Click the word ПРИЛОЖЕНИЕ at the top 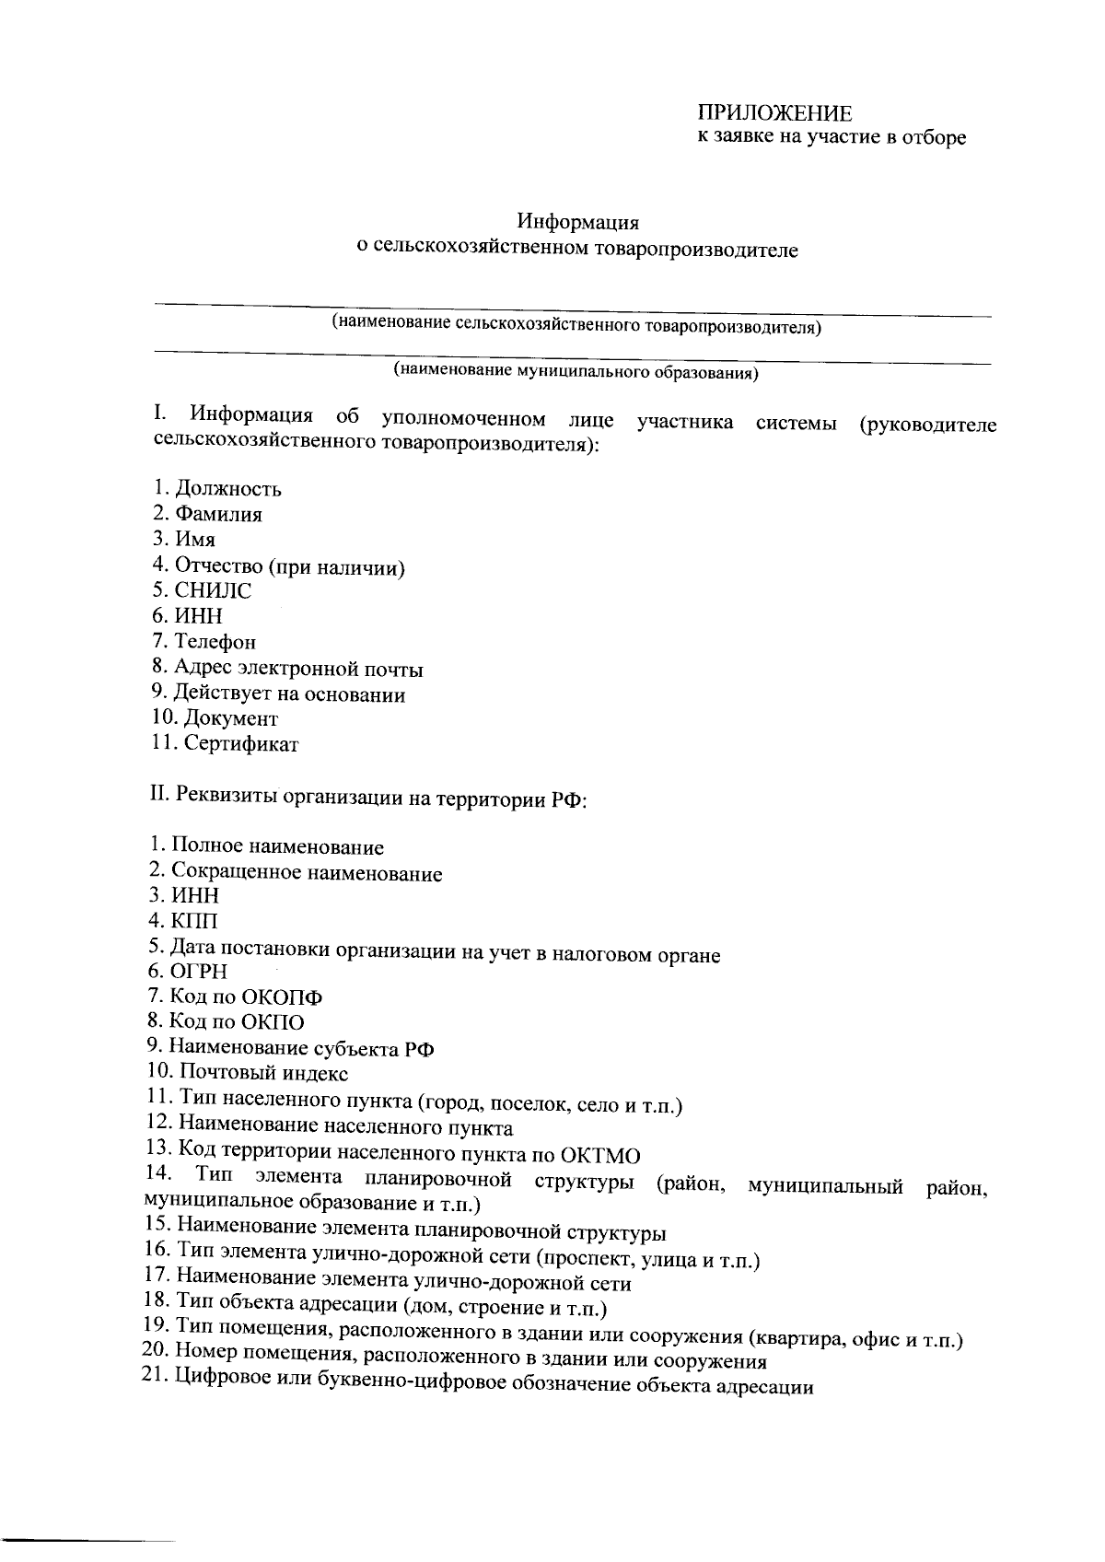click(x=773, y=113)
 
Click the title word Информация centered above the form click(x=577, y=222)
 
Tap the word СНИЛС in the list click(x=213, y=590)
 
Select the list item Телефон click(x=215, y=642)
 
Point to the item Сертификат click(x=240, y=743)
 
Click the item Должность click(x=228, y=488)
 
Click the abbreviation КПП click(x=195, y=920)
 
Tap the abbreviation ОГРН click(x=199, y=971)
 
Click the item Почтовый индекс click(x=263, y=1073)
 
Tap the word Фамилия click(x=218, y=514)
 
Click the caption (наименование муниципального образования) click(x=576, y=371)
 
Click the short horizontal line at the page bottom click(x=87, y=1538)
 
